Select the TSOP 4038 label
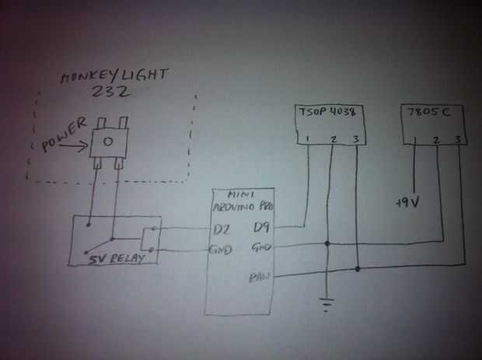coord(327,113)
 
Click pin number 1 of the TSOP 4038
coord(309,140)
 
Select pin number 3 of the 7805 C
coord(459,140)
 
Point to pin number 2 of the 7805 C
coord(437,140)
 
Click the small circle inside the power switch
coord(108,142)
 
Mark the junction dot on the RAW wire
coord(358,269)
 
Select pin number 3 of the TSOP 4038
coord(355,140)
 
